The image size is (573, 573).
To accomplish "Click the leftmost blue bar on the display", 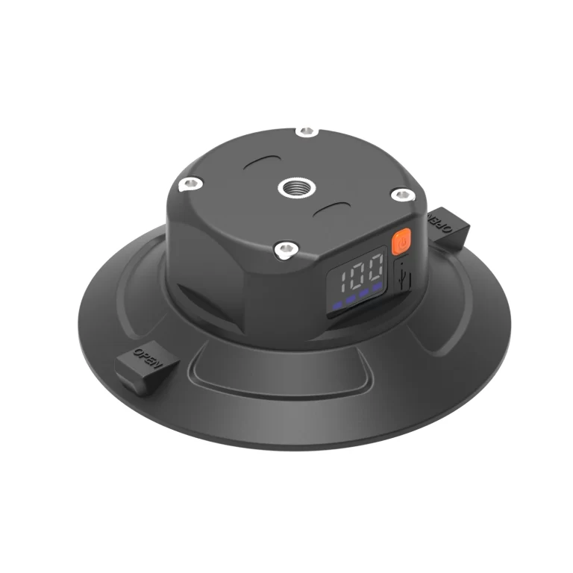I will point(339,306).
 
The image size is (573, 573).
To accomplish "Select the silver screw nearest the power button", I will point(402,195).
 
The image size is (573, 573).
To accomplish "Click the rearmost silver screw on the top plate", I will point(307,133).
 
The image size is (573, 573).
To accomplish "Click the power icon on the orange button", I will point(402,242).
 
